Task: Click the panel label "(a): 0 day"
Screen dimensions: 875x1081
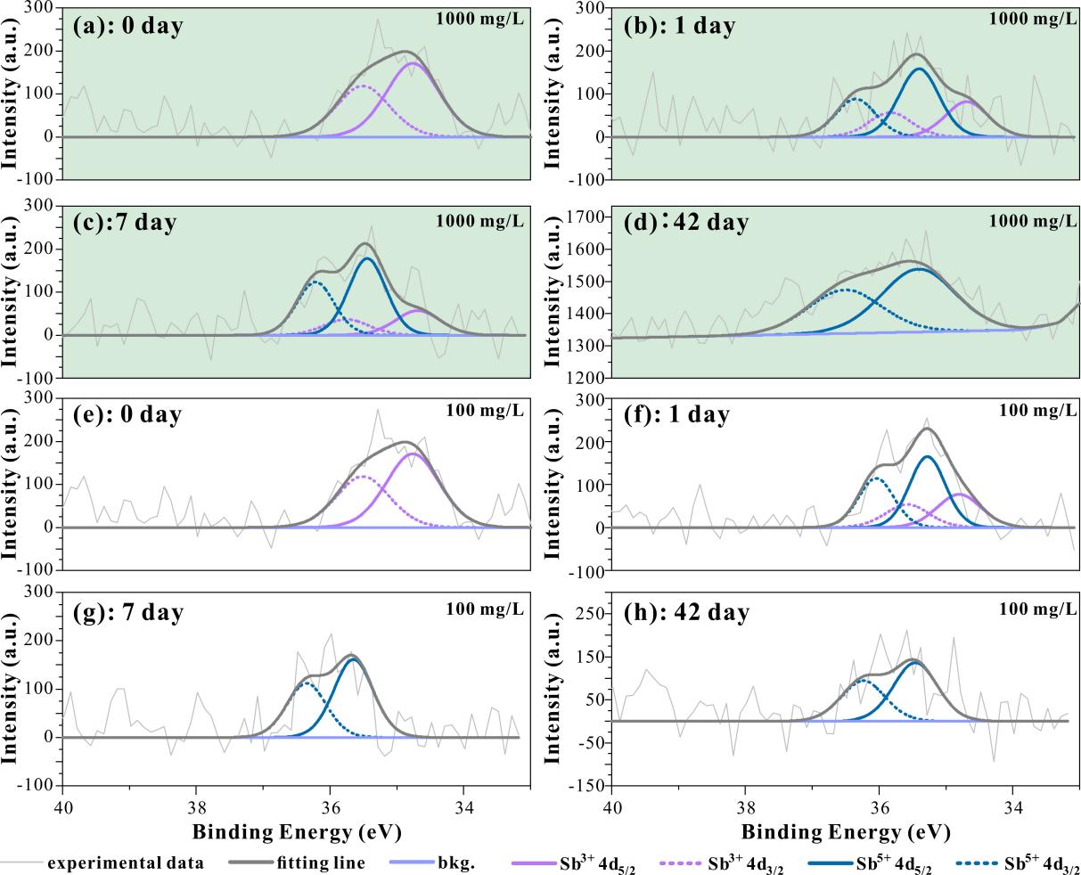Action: (127, 25)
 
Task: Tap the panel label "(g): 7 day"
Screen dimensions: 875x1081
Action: (128, 612)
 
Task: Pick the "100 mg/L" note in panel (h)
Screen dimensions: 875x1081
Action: (1037, 609)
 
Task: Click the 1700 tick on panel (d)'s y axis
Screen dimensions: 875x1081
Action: (585, 217)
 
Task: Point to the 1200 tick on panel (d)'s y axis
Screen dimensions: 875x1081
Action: (585, 378)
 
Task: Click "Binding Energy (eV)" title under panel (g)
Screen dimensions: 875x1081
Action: (296, 832)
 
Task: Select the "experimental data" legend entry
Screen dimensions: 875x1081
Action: (125, 863)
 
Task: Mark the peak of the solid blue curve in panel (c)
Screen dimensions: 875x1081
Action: (367, 258)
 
